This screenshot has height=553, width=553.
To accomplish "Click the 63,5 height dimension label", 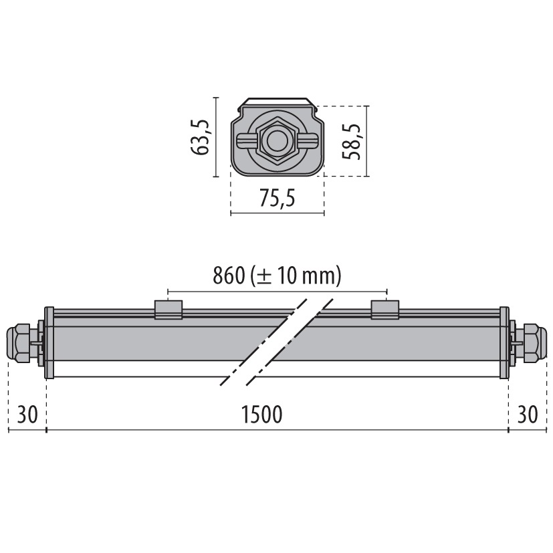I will coord(201,137).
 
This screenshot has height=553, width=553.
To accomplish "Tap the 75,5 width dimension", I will coord(277,199).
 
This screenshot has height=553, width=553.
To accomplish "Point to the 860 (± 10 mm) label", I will coord(277,275).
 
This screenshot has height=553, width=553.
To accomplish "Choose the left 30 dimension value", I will coord(27,415).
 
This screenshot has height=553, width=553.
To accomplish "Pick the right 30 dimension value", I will coord(528,415).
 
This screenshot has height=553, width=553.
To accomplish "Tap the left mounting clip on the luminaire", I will coord(168,309).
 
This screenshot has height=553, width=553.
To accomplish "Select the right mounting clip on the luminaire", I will coord(385,309).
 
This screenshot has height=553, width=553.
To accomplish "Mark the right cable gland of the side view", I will coord(533,342).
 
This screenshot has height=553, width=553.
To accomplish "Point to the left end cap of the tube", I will coord(49,342).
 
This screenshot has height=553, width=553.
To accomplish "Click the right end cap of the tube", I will coord(504,342).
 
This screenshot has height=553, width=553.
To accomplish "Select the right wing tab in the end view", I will coord(308,141).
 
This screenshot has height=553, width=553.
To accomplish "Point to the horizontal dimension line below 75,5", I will coord(277,214).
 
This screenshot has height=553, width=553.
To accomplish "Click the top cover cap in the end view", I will coord(277,102).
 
